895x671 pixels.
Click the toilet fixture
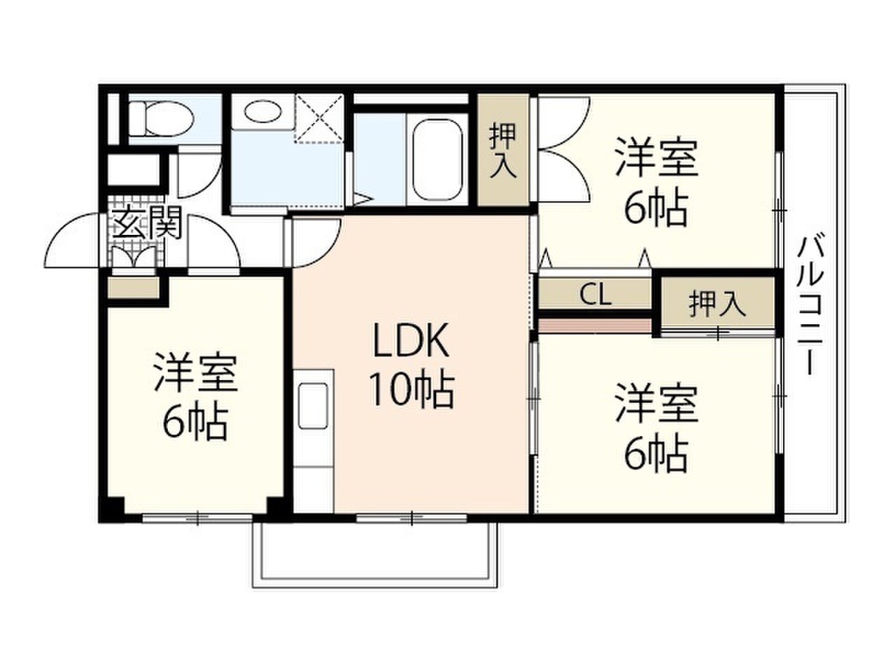click(163, 117)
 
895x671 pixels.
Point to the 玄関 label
click(146, 225)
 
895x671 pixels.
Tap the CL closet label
click(595, 294)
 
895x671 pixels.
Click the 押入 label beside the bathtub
click(502, 152)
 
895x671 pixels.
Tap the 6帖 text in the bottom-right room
click(655, 453)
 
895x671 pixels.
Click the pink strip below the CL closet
click(595, 325)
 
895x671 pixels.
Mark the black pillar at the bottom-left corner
click(111, 508)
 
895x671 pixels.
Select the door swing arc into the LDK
click(316, 242)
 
